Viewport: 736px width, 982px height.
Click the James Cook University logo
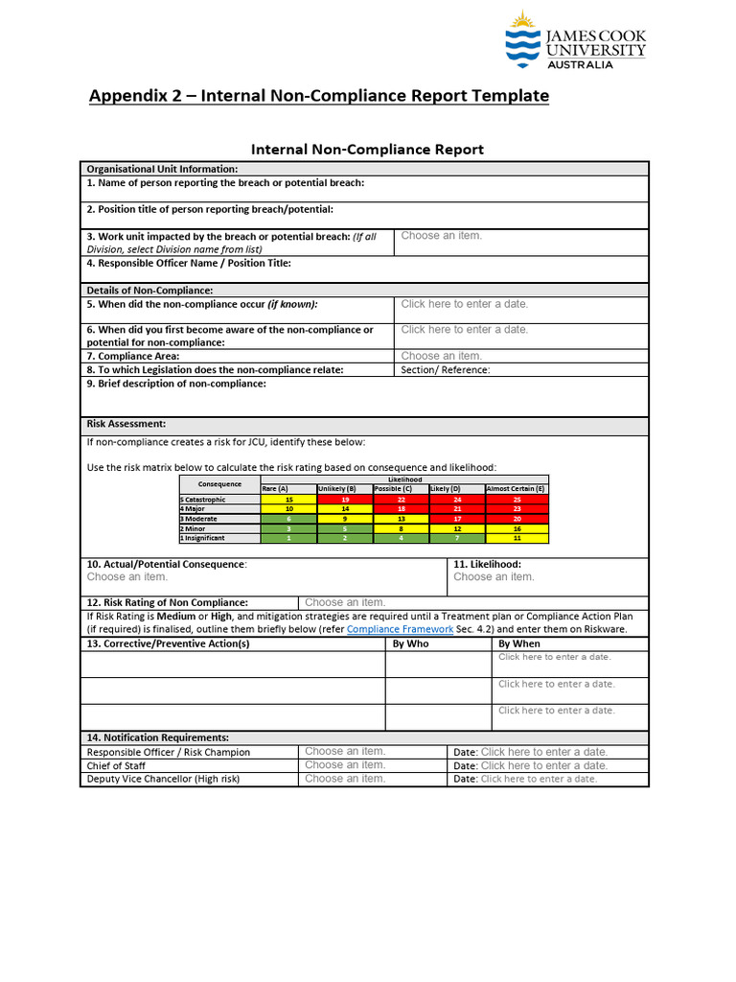(575, 42)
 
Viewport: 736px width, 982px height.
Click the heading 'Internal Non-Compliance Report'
(367, 150)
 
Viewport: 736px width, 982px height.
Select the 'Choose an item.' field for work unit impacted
(442, 236)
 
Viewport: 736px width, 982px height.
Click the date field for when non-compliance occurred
(465, 304)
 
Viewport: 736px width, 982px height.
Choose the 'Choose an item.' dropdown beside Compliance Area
(442, 356)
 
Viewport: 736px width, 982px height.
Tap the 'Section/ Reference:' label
(446, 370)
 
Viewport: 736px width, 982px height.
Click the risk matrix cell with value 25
(517, 500)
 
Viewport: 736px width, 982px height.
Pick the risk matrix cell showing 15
(288, 500)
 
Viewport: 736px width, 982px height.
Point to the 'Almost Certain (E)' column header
(517, 489)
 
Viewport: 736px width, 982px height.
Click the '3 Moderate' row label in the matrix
(199, 519)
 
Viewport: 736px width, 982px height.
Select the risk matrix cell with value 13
(401, 519)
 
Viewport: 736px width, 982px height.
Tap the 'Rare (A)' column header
(275, 489)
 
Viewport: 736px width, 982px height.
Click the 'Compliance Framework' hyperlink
(400, 629)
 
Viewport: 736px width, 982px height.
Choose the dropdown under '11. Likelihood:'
(494, 577)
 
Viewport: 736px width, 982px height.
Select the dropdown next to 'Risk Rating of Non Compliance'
(345, 602)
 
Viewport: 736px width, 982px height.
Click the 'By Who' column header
(411, 643)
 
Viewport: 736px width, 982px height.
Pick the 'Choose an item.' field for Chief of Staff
(345, 765)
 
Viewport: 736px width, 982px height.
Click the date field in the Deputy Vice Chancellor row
(539, 779)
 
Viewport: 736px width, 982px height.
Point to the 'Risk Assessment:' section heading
(126, 423)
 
